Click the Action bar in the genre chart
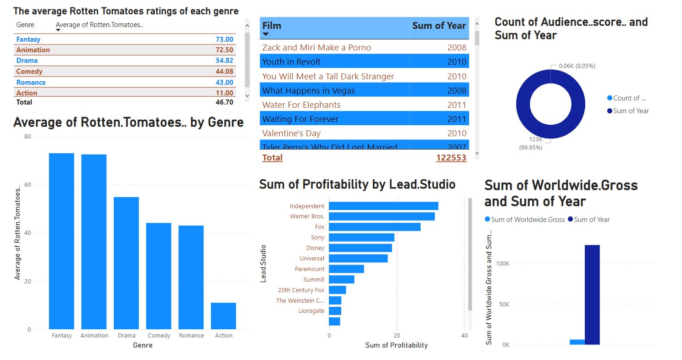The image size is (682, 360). coord(223,316)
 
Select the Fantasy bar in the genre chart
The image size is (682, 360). coord(61,241)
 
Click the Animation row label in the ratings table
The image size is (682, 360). coord(33,50)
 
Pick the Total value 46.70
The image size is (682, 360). coord(224,102)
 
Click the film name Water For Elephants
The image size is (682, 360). coord(301,105)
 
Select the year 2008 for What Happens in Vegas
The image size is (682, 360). coord(456,91)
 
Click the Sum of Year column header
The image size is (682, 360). coord(438,26)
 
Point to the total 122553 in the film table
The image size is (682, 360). coord(451,158)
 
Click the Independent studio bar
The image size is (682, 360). coord(383,206)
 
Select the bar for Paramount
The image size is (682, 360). coord(346,269)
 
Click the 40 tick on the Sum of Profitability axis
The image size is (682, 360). coord(465,335)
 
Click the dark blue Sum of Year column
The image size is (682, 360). coord(592,294)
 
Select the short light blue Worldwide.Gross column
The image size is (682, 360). coord(577,342)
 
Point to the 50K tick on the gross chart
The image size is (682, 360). coord(502,305)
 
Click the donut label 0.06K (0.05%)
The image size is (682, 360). coord(577,66)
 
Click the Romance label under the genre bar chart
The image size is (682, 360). coord(191,336)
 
